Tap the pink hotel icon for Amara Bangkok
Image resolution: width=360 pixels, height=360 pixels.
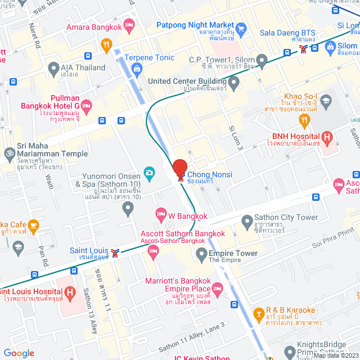tap(129, 24)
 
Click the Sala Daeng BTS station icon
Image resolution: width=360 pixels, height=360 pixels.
tap(304, 49)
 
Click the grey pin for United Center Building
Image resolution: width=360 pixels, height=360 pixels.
tap(234, 82)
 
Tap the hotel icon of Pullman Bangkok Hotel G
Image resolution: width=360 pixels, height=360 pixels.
tap(86, 105)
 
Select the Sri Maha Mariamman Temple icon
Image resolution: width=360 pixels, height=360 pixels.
tap(9, 152)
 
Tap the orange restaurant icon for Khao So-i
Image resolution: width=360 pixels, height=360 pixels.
tap(304, 119)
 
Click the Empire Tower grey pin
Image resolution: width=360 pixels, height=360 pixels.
tap(201, 255)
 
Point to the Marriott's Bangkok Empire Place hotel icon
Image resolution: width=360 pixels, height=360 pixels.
tap(218, 288)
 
